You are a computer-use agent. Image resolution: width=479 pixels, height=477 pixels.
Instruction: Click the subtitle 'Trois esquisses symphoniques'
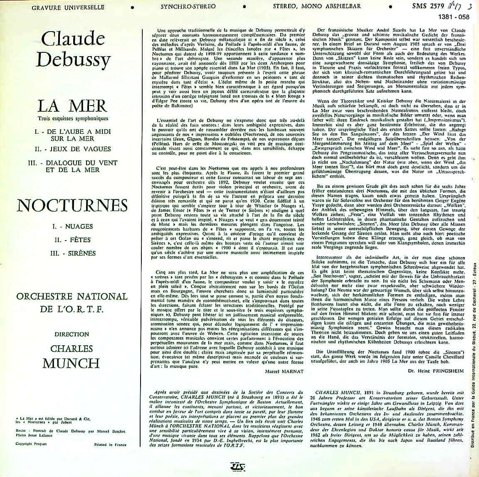coord(73,120)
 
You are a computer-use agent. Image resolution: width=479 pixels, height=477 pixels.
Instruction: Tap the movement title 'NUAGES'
coord(73,226)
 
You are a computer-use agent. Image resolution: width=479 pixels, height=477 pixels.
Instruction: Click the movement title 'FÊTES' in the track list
coord(73,240)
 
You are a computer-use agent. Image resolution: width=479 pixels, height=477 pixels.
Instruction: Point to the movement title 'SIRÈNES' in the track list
coord(73,253)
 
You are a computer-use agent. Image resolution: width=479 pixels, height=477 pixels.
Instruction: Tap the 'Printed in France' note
coord(112,444)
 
